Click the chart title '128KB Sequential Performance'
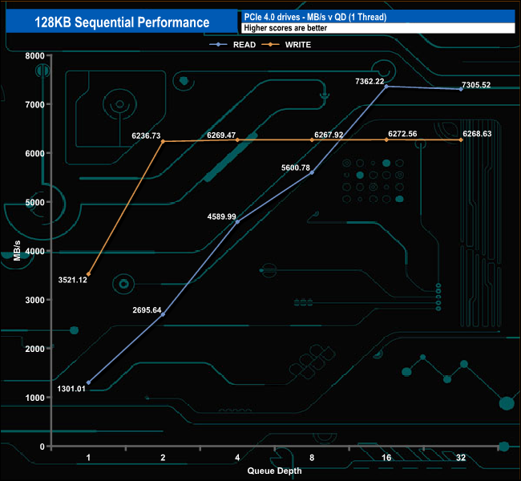click(x=122, y=22)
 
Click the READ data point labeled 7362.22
click(x=386, y=87)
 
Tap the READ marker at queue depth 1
click(x=88, y=382)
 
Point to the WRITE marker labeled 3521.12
click(x=88, y=274)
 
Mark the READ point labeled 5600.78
click(x=312, y=172)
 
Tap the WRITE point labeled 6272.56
click(x=386, y=139)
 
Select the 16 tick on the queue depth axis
click(x=386, y=458)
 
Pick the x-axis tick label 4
click(x=237, y=458)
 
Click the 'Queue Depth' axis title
click(x=274, y=471)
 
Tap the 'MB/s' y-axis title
click(x=17, y=250)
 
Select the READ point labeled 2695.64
click(x=163, y=314)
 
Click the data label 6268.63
click(x=482, y=135)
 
